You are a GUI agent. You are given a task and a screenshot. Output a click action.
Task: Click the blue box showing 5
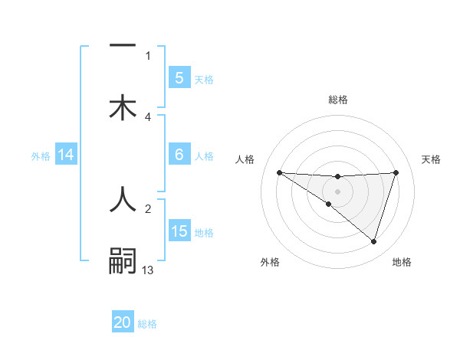[179, 77]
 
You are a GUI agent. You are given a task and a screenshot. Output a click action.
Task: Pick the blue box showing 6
[179, 155]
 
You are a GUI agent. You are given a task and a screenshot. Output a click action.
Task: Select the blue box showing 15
[179, 231]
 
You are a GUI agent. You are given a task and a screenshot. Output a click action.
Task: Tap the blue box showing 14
[66, 155]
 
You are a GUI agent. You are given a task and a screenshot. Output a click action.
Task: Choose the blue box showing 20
[123, 322]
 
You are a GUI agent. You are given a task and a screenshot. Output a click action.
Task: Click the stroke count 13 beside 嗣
[148, 270]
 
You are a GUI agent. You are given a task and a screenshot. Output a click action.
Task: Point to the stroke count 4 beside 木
[148, 116]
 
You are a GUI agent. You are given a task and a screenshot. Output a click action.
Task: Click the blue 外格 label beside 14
[41, 156]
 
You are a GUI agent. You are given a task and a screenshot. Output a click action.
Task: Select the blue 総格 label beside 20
[147, 324]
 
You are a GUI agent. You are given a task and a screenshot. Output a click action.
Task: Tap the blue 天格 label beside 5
[204, 79]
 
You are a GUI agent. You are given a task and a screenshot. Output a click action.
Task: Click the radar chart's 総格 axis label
[337, 100]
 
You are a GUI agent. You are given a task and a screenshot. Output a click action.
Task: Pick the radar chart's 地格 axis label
[402, 262]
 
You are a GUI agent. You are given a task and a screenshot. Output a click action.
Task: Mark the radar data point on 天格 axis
[396, 172]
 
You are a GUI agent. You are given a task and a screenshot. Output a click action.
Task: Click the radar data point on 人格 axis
[279, 172]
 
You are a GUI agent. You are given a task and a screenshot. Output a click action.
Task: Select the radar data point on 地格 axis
[374, 242]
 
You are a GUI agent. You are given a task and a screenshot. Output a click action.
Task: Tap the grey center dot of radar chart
[337, 191]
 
